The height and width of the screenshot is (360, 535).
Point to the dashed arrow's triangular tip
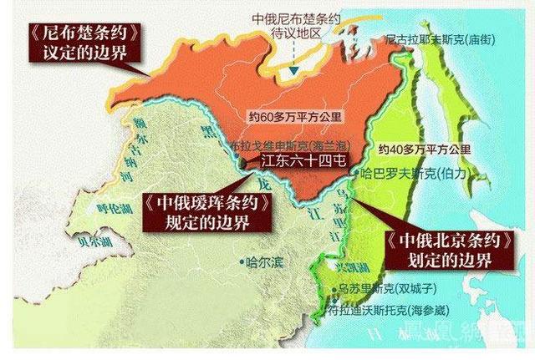pos(292,74)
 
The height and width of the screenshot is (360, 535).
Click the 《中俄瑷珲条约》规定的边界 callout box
pos(206,212)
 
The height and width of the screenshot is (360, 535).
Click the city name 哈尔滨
pos(265,262)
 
